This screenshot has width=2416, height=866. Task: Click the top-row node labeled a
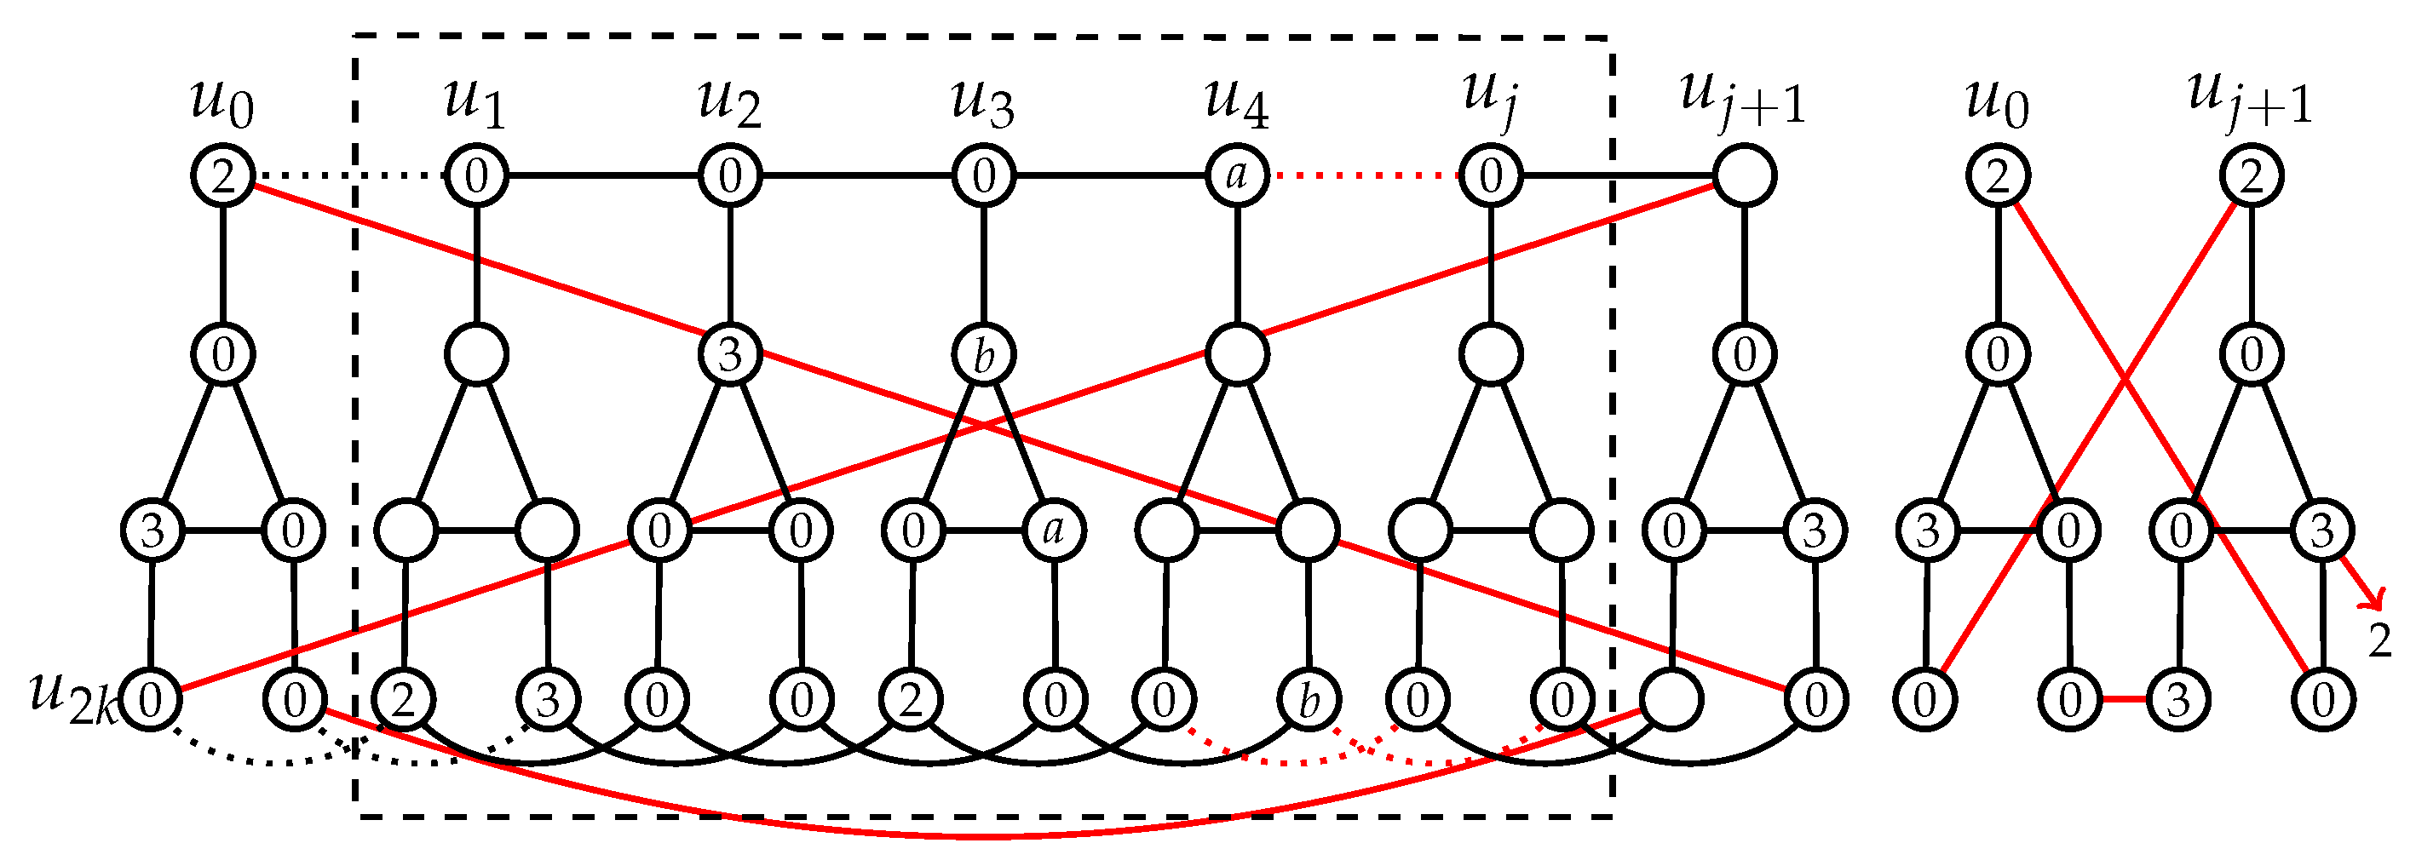click(x=1237, y=176)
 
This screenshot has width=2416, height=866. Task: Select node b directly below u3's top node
click(x=983, y=355)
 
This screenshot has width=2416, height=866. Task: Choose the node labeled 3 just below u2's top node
click(x=730, y=355)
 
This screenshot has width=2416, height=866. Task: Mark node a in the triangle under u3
click(x=1054, y=531)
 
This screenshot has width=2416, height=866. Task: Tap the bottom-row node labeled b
click(x=1309, y=700)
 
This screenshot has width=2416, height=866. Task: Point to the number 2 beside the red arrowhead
click(x=2379, y=642)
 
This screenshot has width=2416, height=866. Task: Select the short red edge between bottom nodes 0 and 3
click(x=2124, y=700)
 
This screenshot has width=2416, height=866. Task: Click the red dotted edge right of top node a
click(x=1364, y=176)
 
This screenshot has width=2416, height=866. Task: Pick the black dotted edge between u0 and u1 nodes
click(x=349, y=176)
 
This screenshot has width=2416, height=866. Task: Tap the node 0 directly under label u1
click(x=475, y=176)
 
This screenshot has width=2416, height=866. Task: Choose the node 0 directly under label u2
click(x=730, y=176)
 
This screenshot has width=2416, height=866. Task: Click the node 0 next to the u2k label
click(x=150, y=700)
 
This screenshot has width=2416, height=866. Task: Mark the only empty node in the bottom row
click(x=1671, y=700)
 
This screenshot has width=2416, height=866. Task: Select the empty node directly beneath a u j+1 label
click(x=1744, y=176)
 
